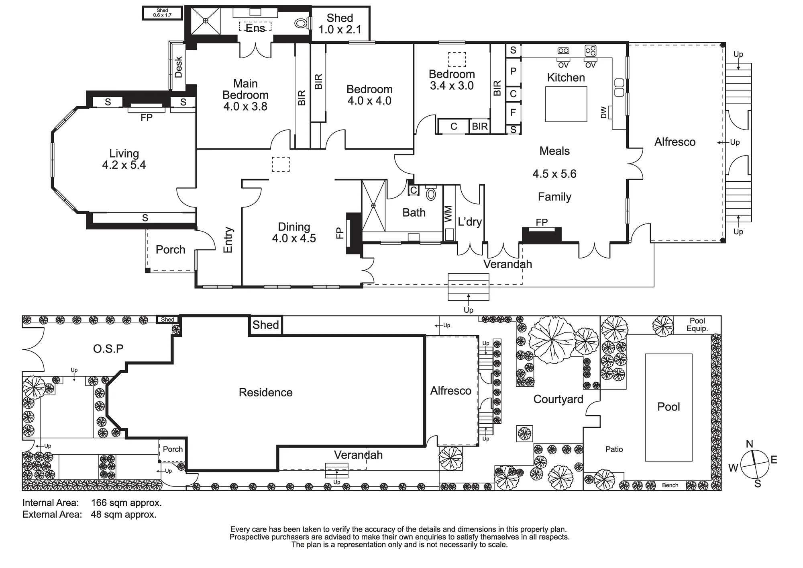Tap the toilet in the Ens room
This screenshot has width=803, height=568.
(302, 23)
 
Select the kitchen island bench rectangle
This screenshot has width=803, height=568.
(566, 104)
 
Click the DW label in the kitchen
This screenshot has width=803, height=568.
(603, 112)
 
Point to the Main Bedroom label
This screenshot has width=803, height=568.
(245, 89)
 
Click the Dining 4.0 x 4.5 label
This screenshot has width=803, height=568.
(294, 232)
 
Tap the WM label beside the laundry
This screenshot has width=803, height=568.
(448, 214)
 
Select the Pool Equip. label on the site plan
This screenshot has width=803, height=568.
(697, 324)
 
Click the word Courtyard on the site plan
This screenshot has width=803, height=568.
(558, 399)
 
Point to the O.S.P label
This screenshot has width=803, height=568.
(108, 349)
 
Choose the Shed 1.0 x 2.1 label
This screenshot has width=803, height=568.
(340, 24)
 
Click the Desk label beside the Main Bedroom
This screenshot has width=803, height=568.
(179, 67)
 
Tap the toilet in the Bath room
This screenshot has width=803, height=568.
(431, 194)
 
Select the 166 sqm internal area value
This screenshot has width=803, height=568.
(126, 502)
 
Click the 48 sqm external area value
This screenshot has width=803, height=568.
(124, 514)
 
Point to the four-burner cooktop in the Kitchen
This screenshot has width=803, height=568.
(590, 51)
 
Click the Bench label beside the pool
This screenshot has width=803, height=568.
(670, 485)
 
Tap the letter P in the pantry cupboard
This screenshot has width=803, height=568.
(513, 72)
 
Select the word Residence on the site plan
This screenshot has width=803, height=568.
(265, 392)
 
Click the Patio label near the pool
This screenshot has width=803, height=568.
(614, 449)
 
